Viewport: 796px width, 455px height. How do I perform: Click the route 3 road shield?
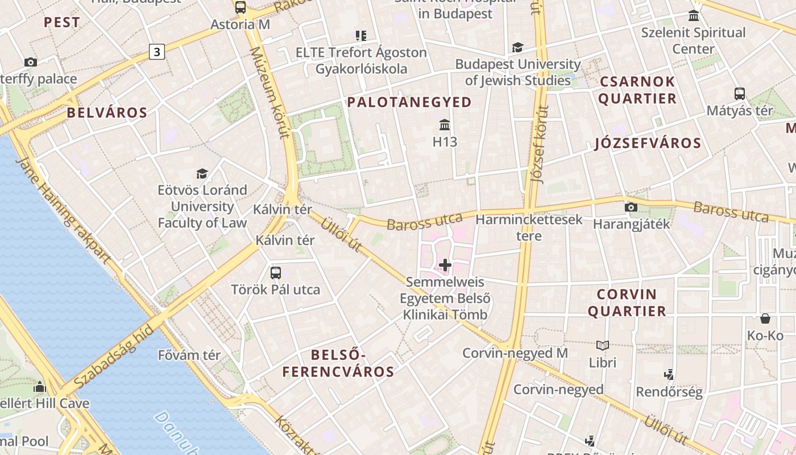point(157,52)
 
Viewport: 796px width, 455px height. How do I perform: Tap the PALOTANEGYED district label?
point(409,102)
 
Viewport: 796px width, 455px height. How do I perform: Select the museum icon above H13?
point(445,125)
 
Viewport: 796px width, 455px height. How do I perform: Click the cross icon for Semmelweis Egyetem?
point(445,265)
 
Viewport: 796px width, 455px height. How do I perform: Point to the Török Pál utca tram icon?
point(276,273)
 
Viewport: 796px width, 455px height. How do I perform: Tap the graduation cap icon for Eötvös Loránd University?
point(202,173)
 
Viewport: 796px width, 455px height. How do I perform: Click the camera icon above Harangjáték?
point(631,208)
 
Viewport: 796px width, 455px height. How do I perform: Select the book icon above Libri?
point(602,345)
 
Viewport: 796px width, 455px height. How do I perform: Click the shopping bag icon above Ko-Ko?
point(765,318)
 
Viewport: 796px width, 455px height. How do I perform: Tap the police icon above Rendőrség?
point(669,375)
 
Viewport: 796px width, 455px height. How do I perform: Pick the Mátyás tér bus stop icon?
point(739,94)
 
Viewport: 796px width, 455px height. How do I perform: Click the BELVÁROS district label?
point(107,113)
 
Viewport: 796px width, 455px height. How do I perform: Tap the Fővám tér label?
point(189,355)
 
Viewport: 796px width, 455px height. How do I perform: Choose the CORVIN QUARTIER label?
point(627,303)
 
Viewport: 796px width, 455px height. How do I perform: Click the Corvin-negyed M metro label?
point(515,353)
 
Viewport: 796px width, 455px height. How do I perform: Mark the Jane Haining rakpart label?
point(63,210)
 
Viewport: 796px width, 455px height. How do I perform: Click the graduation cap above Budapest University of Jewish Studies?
point(517,47)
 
